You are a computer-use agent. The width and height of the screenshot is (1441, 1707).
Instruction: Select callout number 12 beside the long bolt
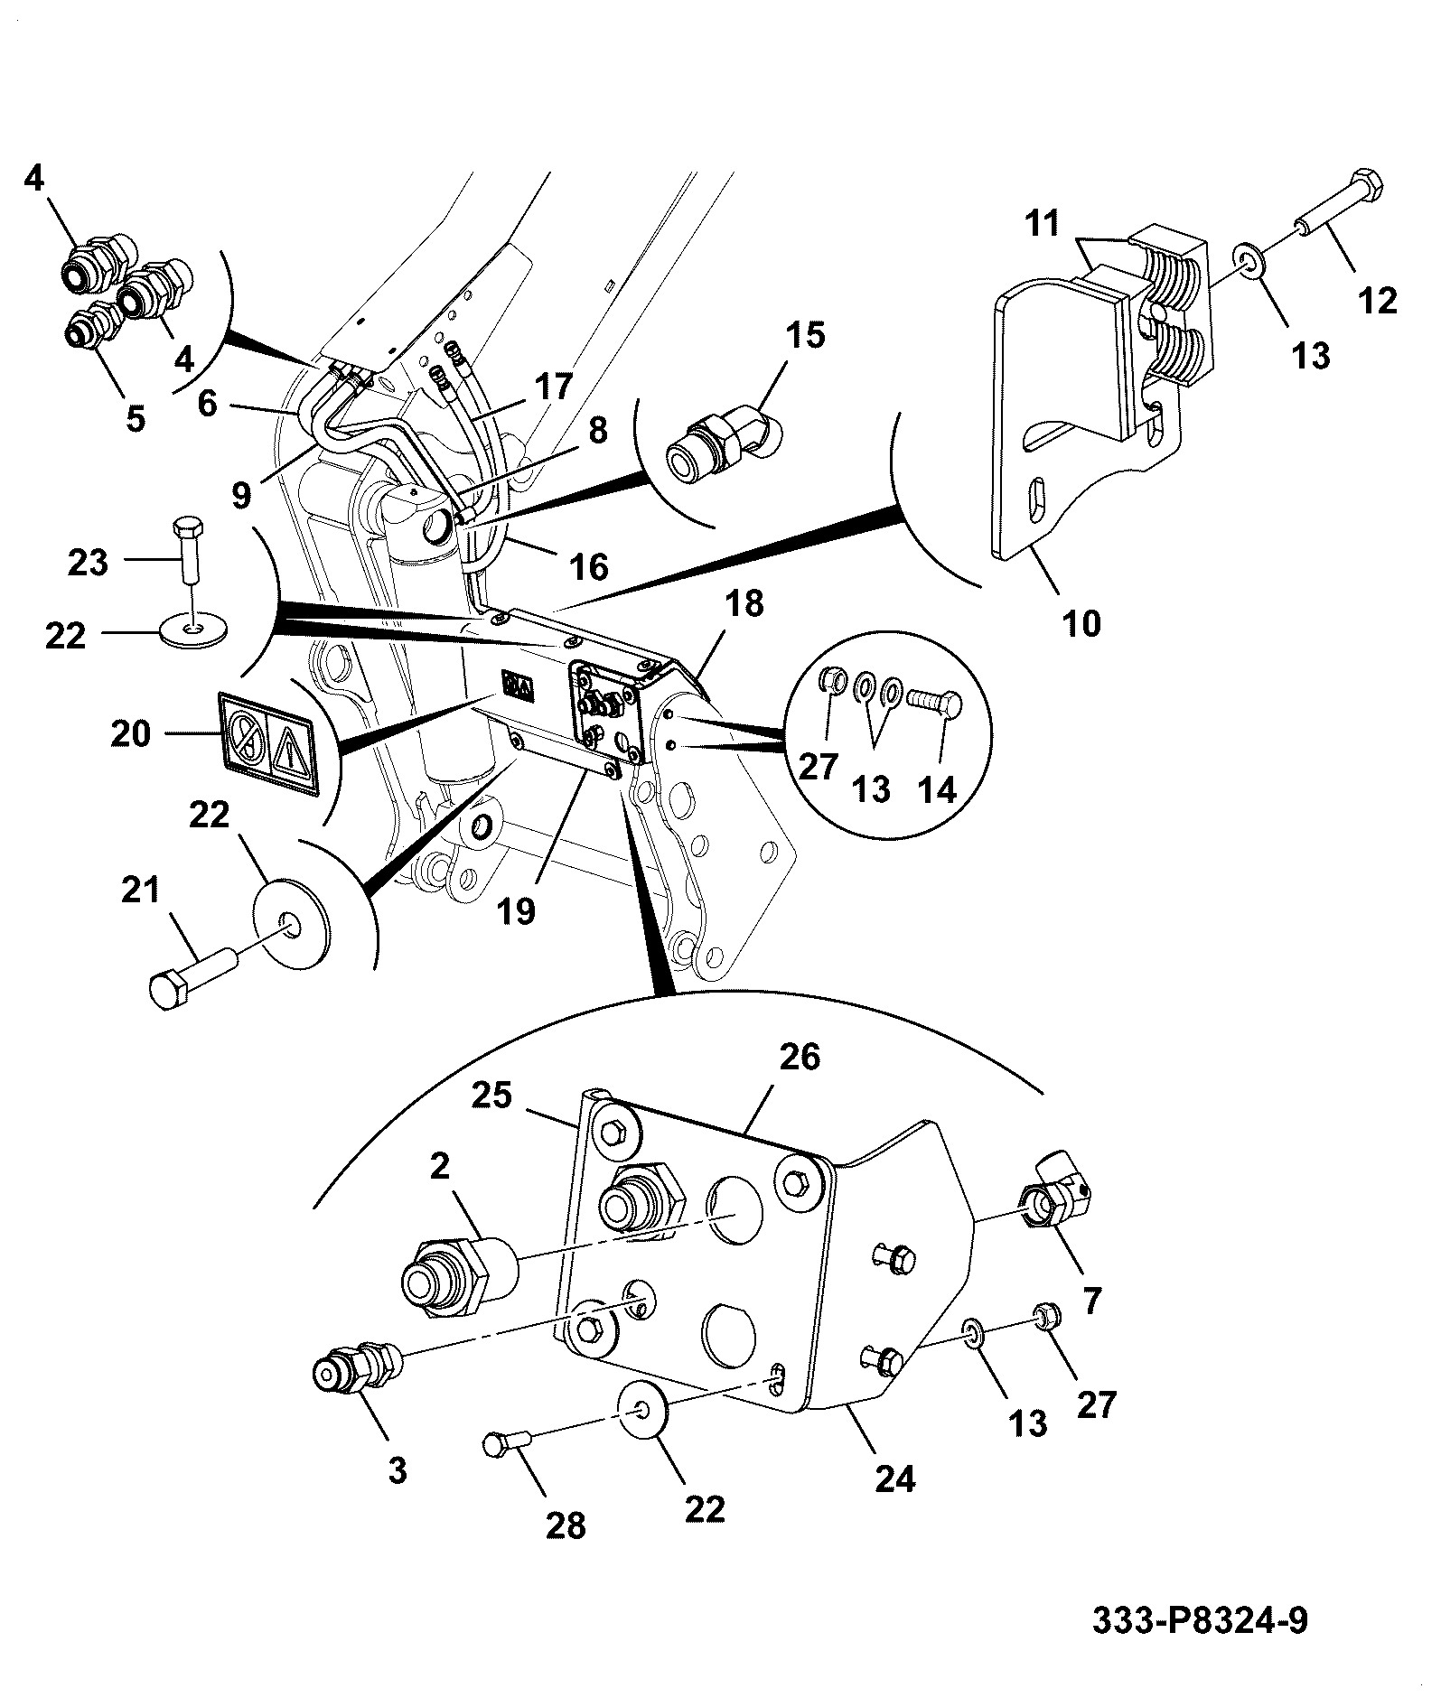[1378, 300]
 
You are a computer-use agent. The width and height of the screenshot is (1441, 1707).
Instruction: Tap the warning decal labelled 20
[267, 744]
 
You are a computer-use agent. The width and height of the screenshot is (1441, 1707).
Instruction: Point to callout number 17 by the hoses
[553, 387]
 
